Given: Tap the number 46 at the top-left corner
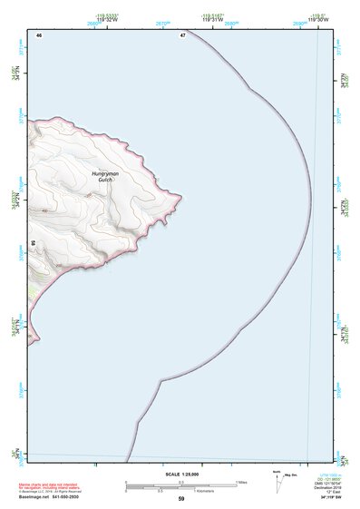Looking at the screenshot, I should tap(39, 34).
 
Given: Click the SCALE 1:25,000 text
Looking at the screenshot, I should tap(180, 474).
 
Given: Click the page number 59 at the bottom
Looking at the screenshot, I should tap(180, 499).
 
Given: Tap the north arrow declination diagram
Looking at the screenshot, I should tap(277, 481).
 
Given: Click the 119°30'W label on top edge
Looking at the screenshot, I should tap(317, 19).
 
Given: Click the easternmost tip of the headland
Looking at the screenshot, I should tap(181, 196).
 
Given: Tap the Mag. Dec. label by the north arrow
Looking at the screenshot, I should tap(291, 475).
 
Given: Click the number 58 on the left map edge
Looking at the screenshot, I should tap(33, 243).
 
